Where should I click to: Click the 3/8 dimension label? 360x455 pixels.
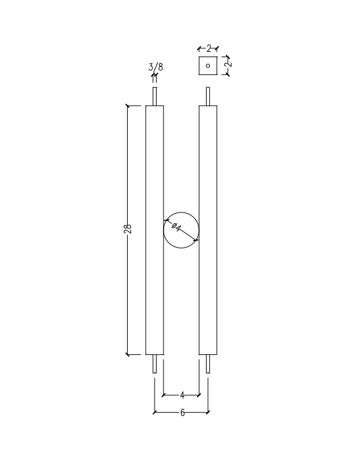(x=156, y=67)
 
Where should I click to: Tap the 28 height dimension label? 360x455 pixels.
(x=128, y=228)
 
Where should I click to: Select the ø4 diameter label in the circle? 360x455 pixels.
(x=176, y=227)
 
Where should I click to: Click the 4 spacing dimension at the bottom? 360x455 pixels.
(x=182, y=395)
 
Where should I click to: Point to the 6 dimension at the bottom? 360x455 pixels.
(x=182, y=413)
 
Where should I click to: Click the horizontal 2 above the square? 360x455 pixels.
(x=209, y=49)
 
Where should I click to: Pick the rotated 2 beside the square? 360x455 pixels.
(x=228, y=64)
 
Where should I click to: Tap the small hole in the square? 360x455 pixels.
(x=208, y=65)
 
